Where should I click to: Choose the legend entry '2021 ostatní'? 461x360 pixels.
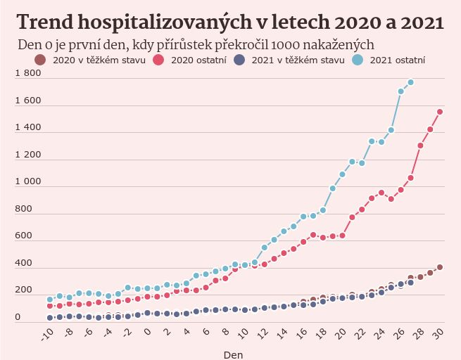click(397, 60)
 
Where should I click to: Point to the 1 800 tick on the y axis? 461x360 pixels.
click(28, 74)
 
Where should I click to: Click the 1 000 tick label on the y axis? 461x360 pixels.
click(28, 182)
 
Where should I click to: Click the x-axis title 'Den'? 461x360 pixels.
click(234, 354)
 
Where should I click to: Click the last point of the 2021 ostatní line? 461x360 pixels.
click(410, 82)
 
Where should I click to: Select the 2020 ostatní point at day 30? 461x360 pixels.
click(440, 112)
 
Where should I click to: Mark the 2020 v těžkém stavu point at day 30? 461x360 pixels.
click(440, 267)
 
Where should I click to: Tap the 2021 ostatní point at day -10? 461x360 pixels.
click(50, 300)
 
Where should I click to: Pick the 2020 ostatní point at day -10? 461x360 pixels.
click(50, 307)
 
